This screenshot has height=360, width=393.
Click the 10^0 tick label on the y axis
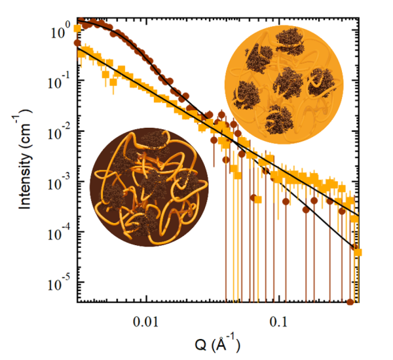pyautogui.click(x=60, y=30)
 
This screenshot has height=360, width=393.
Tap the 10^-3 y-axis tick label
pyautogui.click(x=59, y=182)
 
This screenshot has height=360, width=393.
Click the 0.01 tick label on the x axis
pyautogui.click(x=146, y=322)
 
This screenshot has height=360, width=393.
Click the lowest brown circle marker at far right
pyautogui.click(x=350, y=302)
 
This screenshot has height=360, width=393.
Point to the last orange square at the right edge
pyautogui.click(x=358, y=252)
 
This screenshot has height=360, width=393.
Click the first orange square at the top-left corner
pyautogui.click(x=77, y=29)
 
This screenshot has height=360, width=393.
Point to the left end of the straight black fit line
pyautogui.click(x=77, y=49)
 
